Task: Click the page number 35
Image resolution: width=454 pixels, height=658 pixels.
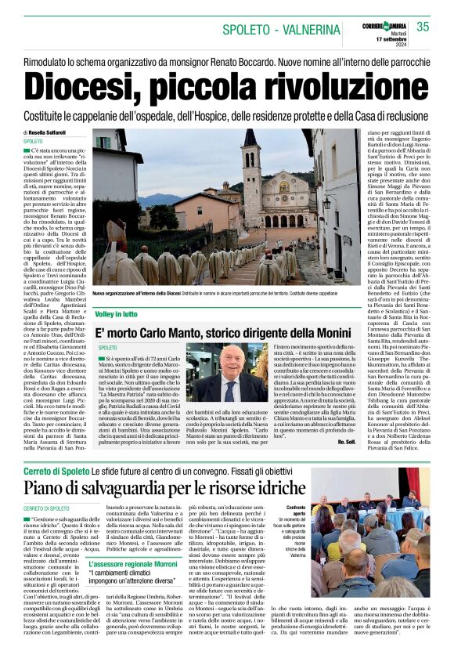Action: pyautogui.click(x=422, y=27)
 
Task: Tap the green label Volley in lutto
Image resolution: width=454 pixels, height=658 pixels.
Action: pyautogui.click(x=115, y=314)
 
